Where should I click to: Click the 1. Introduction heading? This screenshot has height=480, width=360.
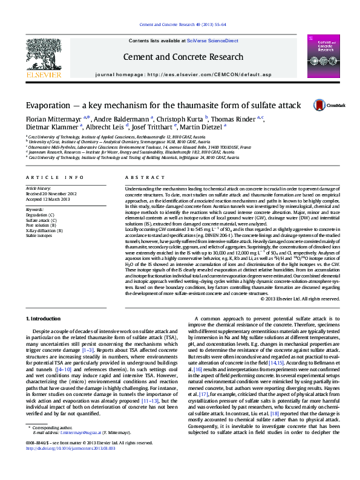click(43, 317)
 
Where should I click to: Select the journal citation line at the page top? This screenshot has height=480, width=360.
click(180, 24)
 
